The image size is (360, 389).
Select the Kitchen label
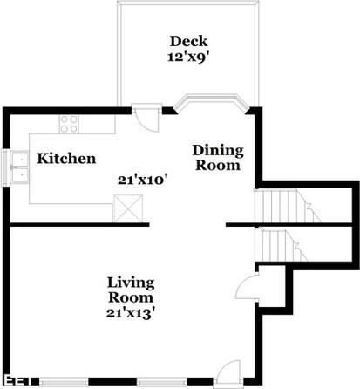coord(66,159)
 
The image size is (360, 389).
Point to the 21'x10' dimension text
coord(143,180)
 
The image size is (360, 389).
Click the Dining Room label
coord(217,158)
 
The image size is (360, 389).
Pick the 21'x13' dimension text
coord(131,311)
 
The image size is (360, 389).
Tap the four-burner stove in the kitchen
coord(69,124)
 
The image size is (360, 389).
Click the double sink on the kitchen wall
coord(18,167)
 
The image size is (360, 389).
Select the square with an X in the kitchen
coord(126,208)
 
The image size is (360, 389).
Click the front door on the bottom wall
coord(229,371)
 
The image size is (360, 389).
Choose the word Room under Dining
coord(217,165)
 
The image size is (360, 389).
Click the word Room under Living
coord(131,297)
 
